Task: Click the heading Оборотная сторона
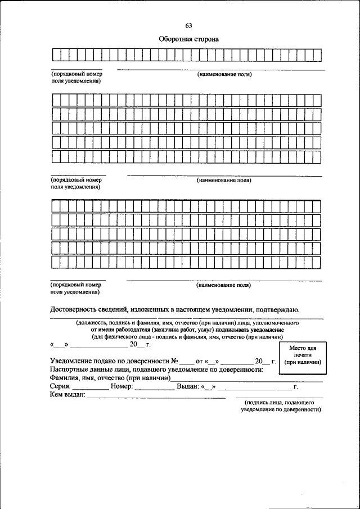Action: (x=188, y=39)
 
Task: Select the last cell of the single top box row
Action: (x=317, y=55)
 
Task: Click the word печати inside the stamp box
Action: (x=303, y=355)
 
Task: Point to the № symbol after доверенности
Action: (x=174, y=361)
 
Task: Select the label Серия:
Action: (x=60, y=387)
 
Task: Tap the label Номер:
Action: (x=121, y=387)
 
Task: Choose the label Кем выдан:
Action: (x=67, y=395)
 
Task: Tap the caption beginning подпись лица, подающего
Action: (x=280, y=403)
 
